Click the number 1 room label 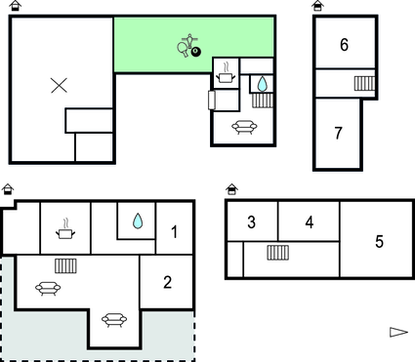(175, 232)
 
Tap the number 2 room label (167, 282)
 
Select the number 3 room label (251, 222)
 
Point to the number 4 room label (310, 222)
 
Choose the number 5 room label (379, 241)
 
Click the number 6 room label (345, 45)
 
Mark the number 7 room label (338, 133)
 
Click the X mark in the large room (60, 85)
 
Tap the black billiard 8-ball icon (196, 52)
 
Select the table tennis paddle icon (183, 50)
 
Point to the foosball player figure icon (189, 40)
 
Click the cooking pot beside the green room (226, 74)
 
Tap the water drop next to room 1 (138, 221)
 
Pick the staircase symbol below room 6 (364, 83)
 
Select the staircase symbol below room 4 (278, 253)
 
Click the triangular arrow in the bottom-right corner (398, 332)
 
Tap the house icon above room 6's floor (317, 6)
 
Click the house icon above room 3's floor (231, 189)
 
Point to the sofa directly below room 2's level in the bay (114, 320)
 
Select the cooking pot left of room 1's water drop (65, 229)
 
